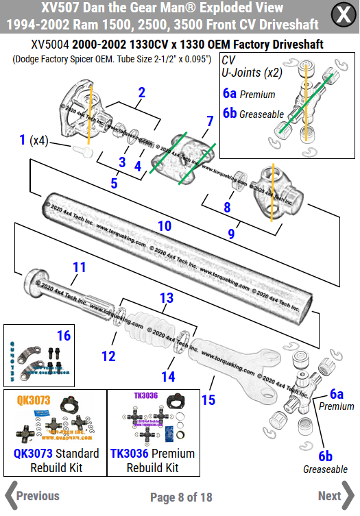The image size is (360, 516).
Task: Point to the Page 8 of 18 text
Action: click(181, 497)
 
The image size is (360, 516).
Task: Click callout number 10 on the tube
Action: click(165, 225)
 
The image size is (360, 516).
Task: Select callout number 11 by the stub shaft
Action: click(80, 267)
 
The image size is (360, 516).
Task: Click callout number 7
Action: click(209, 121)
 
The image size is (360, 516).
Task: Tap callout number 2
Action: click(141, 93)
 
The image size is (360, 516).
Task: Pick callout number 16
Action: click(64, 335)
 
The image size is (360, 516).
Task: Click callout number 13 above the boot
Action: click(167, 298)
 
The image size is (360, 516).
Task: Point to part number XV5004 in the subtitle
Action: click(50, 45)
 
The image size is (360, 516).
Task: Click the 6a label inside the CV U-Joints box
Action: click(230, 94)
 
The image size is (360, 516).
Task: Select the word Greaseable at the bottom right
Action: click(325, 469)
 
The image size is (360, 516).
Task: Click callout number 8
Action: click(227, 206)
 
